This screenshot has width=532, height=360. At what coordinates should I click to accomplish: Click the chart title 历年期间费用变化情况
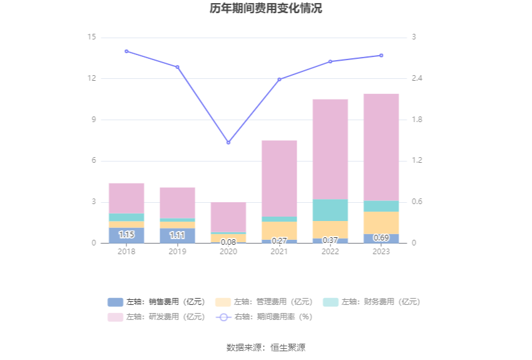(x=266, y=9)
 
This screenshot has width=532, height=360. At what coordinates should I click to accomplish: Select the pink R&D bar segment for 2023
(x=381, y=147)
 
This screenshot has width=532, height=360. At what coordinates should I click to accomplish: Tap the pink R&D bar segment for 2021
(x=279, y=178)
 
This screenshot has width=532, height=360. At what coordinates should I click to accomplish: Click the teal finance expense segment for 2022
(x=330, y=210)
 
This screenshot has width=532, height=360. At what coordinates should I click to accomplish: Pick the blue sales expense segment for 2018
(x=126, y=235)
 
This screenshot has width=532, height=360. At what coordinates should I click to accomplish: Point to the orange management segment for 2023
(x=381, y=222)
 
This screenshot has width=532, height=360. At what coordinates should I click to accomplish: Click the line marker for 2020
(x=228, y=143)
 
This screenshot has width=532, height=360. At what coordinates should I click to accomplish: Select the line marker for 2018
(x=126, y=51)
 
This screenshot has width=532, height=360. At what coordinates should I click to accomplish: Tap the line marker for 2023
(x=381, y=55)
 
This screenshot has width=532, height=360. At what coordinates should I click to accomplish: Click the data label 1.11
(x=178, y=235)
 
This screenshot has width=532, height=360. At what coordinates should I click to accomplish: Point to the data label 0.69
(x=381, y=238)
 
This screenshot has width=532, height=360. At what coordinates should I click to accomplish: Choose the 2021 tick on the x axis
(x=279, y=252)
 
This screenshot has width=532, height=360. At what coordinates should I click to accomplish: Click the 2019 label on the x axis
(x=178, y=252)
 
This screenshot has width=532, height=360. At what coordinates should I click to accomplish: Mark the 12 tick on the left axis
(x=91, y=78)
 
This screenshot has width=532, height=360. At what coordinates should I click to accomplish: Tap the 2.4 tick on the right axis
(x=417, y=78)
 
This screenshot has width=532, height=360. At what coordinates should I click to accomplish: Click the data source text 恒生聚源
(x=288, y=347)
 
